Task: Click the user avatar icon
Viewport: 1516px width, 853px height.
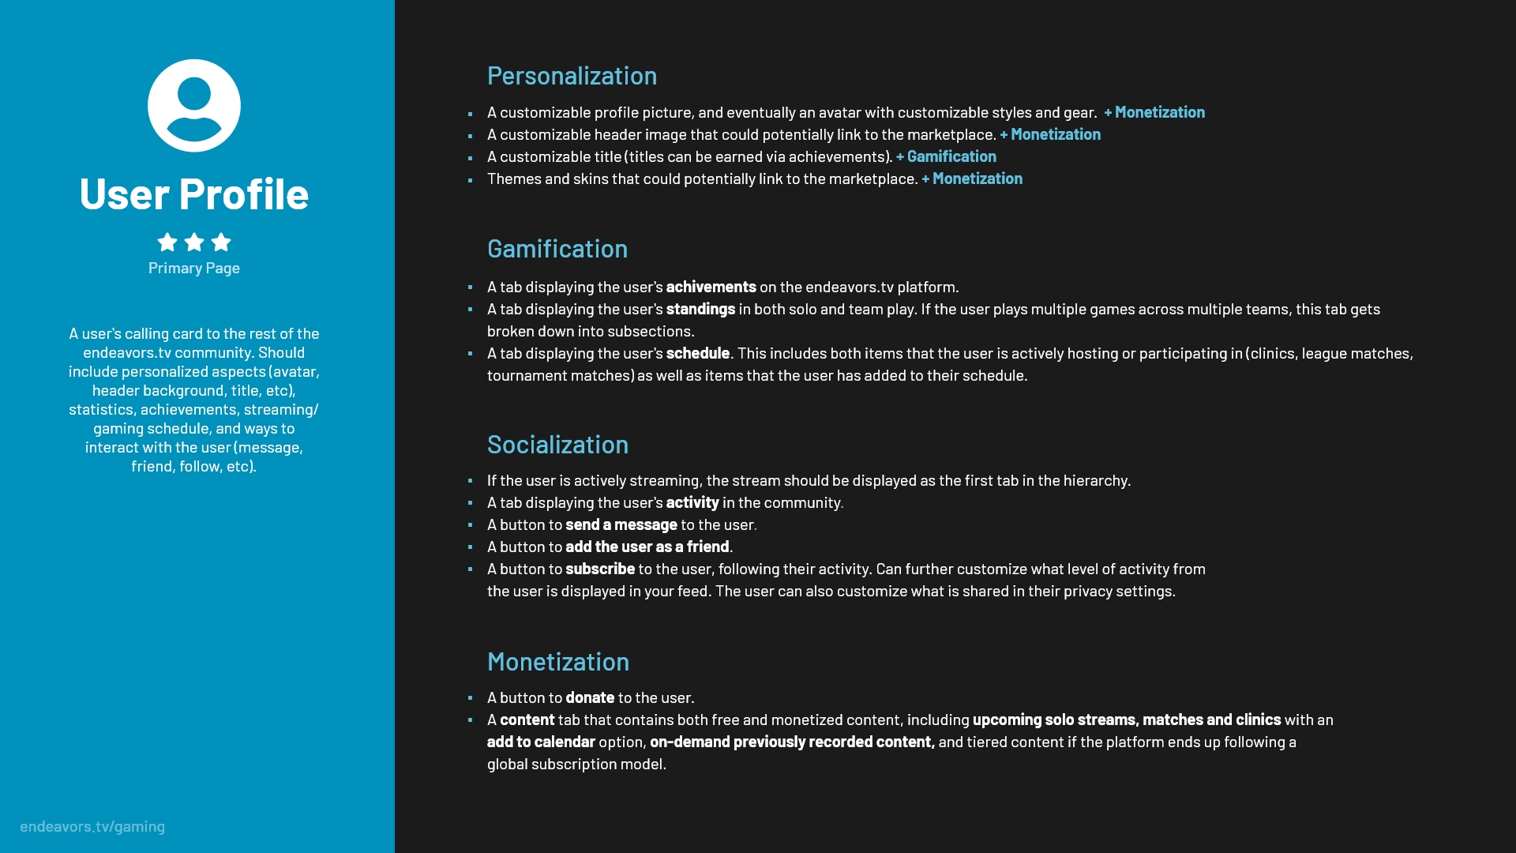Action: click(193, 106)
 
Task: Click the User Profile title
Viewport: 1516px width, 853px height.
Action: click(193, 194)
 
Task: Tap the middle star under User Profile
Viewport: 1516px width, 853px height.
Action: click(194, 242)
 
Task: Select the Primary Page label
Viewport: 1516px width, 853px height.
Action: click(193, 269)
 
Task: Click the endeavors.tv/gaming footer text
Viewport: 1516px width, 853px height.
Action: click(92, 826)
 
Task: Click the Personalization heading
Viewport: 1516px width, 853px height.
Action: click(572, 76)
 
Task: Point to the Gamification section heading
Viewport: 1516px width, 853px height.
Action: click(557, 249)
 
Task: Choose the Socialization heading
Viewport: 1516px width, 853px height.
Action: click(557, 445)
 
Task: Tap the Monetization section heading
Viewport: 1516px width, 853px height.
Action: click(557, 662)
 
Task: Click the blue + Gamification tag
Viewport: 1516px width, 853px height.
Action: click(946, 156)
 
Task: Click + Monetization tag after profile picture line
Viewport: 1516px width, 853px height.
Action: click(1154, 112)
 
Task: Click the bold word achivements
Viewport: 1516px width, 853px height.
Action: click(711, 287)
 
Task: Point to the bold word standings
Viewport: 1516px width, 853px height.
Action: click(700, 309)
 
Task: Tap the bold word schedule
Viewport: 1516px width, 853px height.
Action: click(697, 353)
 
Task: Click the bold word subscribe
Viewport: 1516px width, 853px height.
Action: click(599, 569)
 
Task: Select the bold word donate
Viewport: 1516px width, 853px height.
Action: click(589, 697)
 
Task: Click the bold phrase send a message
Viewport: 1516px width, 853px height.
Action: click(621, 524)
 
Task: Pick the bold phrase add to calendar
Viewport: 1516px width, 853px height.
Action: click(540, 742)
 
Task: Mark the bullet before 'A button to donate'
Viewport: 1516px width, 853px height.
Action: click(470, 698)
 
